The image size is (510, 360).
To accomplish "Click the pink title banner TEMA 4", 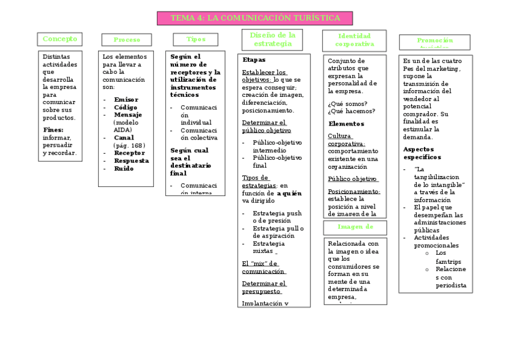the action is (255, 18).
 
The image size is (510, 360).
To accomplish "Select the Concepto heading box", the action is (60, 39).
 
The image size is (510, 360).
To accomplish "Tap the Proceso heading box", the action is (126, 40).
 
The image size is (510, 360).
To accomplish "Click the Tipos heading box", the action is (195, 39).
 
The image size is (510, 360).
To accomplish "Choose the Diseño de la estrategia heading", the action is (272, 40).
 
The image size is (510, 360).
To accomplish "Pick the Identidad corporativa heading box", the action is (354, 40).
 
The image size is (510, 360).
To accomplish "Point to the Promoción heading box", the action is (434, 41).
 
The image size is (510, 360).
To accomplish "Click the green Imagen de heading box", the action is (355, 227).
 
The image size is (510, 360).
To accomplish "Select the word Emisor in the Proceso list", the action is (126, 99).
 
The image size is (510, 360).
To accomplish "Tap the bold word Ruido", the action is (124, 169).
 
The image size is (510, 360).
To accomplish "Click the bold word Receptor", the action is (129, 153).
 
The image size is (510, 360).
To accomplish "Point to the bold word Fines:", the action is (53, 129).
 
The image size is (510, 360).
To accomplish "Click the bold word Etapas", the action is (254, 60).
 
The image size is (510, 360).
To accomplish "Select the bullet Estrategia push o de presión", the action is (277, 217).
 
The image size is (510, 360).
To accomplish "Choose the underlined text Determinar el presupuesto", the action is (264, 287).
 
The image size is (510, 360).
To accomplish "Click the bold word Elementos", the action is (346, 124).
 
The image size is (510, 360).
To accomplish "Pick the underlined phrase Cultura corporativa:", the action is (346, 139).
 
